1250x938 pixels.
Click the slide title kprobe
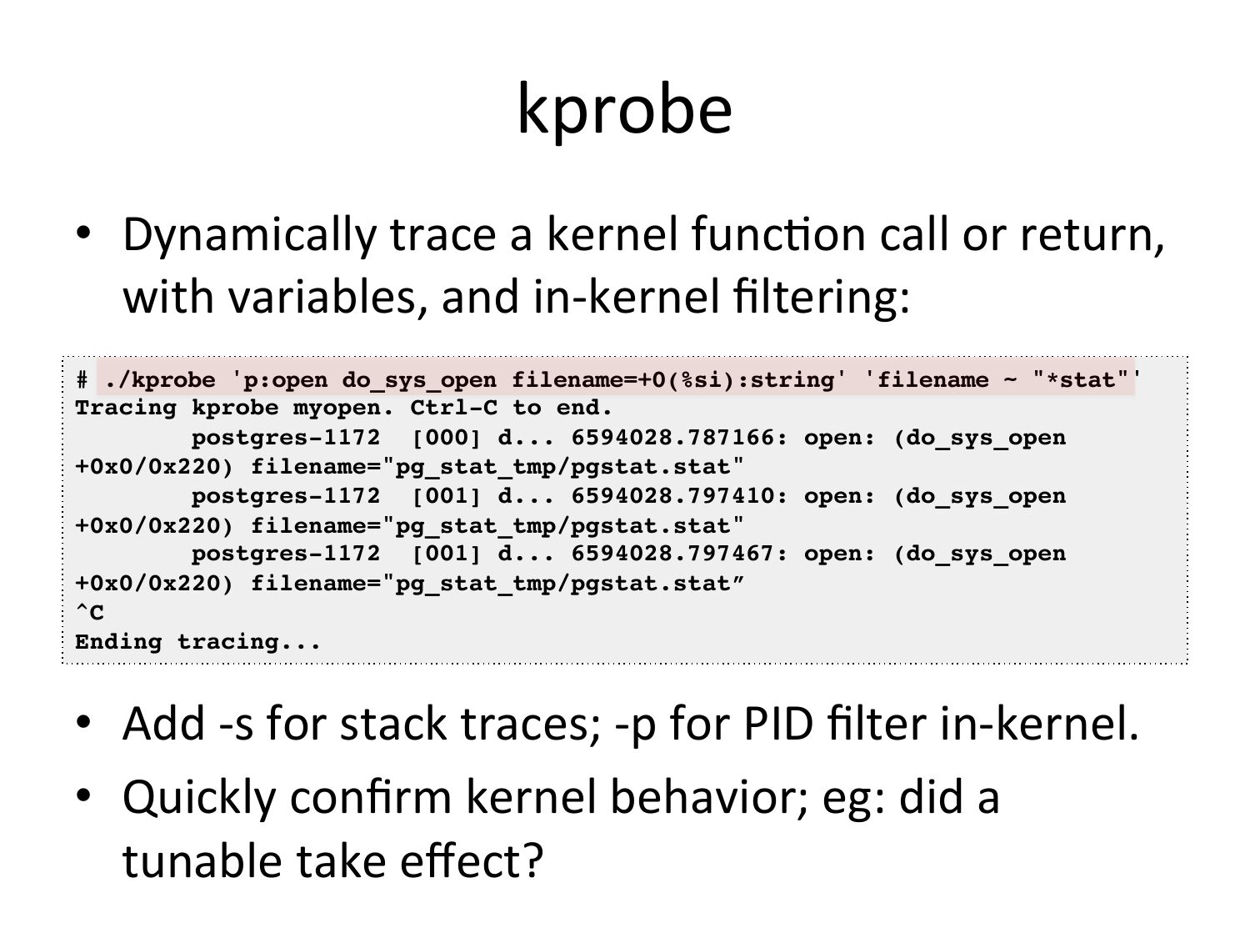[625, 110]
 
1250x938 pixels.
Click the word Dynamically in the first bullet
[249, 235]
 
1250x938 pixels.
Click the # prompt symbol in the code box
[82, 379]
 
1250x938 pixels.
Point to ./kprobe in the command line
[160, 380]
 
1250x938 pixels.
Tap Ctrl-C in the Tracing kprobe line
[453, 408]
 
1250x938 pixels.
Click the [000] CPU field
[447, 438]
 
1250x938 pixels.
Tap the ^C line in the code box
[89, 612]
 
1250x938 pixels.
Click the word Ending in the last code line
[118, 642]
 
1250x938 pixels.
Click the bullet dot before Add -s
[83, 722]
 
